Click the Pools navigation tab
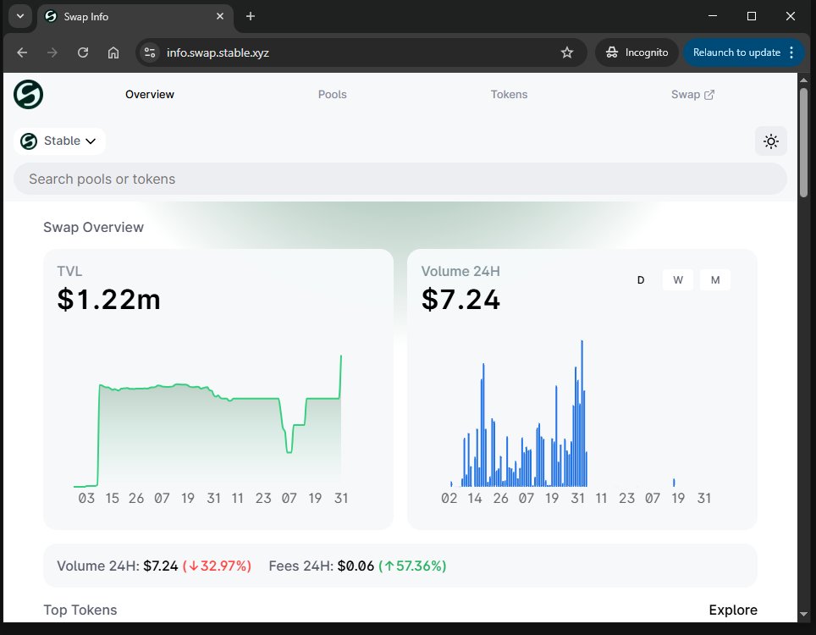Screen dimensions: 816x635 [332, 94]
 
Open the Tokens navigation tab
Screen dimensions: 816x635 [509, 94]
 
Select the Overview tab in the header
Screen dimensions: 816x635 [149, 94]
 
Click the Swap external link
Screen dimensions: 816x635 [692, 94]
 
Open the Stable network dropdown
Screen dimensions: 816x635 [59, 141]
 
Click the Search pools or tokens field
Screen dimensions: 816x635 [400, 179]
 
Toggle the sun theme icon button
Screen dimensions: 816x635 [771, 141]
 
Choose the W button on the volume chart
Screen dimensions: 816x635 [677, 280]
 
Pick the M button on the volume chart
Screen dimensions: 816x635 [715, 280]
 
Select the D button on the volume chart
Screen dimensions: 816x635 [641, 280]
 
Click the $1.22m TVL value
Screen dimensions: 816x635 [108, 299]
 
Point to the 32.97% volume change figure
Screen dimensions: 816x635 [217, 566]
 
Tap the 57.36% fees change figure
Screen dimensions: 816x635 [413, 566]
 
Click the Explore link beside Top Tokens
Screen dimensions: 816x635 [733, 610]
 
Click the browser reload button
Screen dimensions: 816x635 [83, 52]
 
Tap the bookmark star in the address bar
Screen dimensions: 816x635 [567, 52]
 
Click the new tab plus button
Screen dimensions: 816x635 [251, 16]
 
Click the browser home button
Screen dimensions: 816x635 [113, 52]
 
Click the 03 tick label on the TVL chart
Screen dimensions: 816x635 [86, 498]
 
